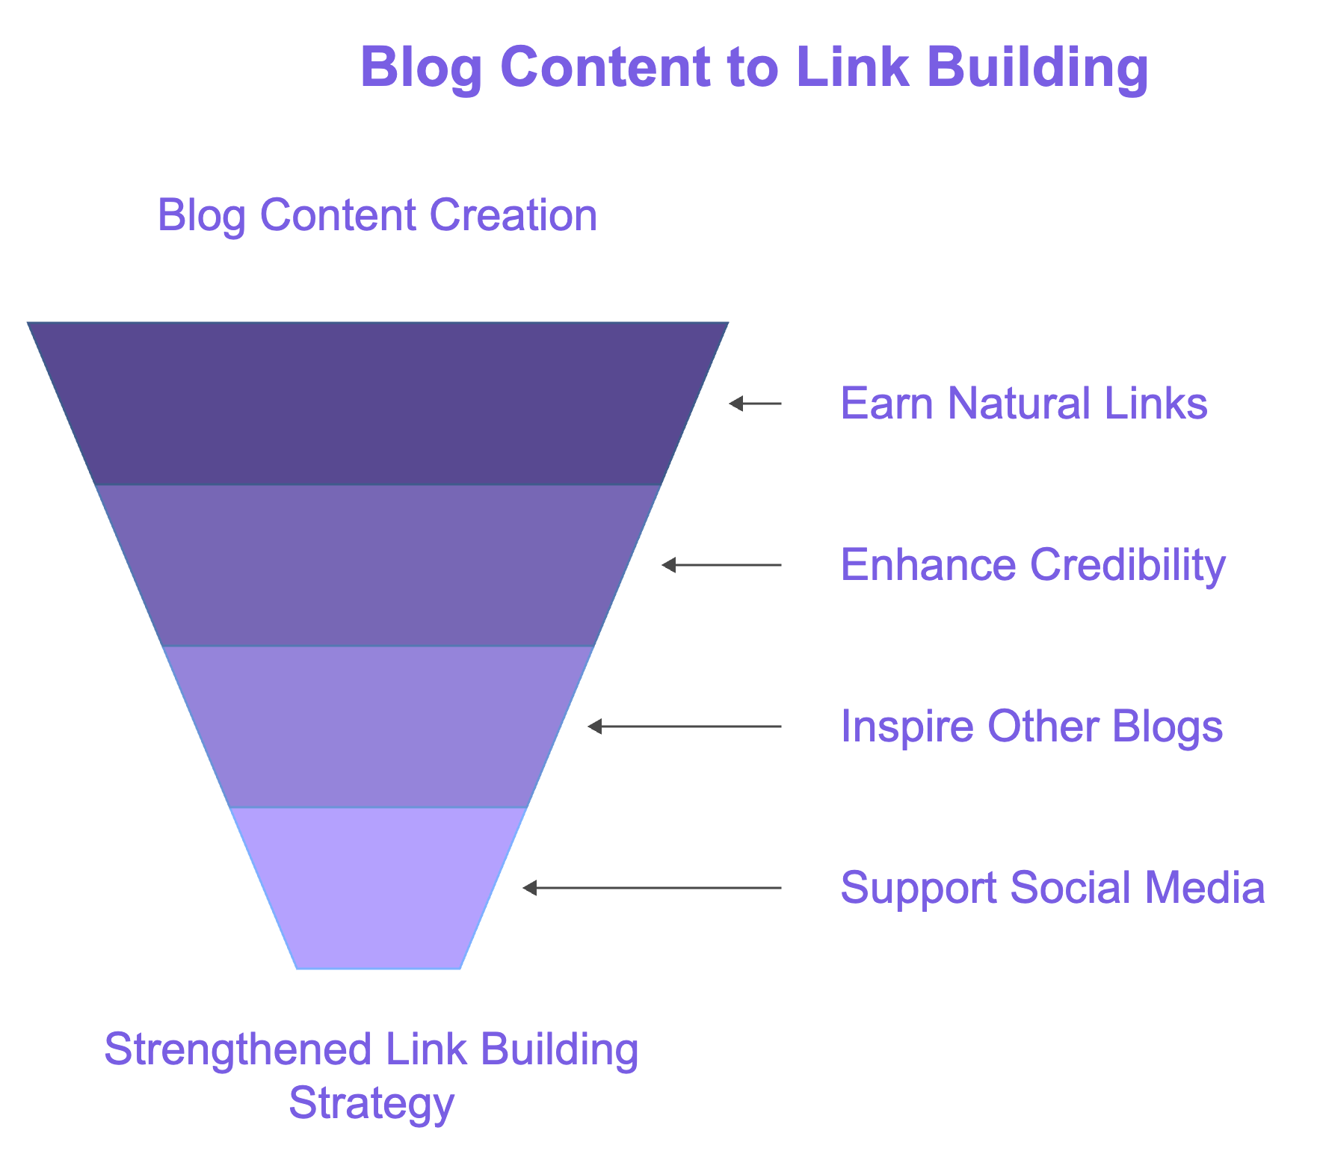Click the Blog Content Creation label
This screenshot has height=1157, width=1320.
pos(377,215)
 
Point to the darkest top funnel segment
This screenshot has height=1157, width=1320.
pos(377,404)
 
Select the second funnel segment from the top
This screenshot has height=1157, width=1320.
pos(377,566)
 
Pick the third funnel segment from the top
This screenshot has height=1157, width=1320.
pos(377,727)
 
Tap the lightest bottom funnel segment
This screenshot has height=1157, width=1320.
pos(377,889)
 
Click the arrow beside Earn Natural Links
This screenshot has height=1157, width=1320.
pos(755,404)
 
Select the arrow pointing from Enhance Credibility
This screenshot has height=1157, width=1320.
pos(721,565)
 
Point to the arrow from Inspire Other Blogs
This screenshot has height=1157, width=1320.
pos(684,726)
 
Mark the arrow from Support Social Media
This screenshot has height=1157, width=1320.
pos(652,888)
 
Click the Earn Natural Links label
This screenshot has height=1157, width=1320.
pos(1024,404)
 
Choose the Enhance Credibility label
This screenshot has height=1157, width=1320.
pos(1033,565)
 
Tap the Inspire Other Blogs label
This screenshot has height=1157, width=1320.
pos(1031,726)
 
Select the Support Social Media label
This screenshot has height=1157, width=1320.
pos(1052,888)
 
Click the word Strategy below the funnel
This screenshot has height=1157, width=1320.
pos(371,1104)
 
